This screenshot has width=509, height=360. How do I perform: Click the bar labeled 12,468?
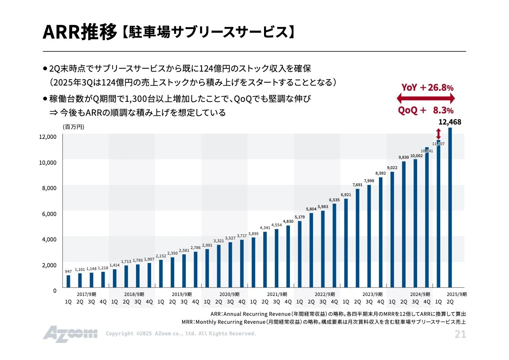450,207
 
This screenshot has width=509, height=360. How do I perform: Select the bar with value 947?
68,281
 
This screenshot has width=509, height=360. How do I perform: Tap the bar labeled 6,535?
334,245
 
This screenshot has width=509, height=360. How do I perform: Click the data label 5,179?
300,217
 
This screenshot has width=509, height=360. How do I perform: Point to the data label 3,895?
253,234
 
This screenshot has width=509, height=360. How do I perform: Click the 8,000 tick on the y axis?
50,188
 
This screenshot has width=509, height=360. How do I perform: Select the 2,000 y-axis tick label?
50,265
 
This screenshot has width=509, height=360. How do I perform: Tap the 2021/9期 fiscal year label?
277,294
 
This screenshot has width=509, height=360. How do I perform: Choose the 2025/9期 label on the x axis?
457,294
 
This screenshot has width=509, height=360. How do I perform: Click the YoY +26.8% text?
427,88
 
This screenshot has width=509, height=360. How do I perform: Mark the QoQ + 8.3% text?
426,111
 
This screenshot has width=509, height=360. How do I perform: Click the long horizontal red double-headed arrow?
425,99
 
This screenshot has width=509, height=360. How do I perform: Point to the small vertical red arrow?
439,134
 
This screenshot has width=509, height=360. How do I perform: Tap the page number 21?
460,335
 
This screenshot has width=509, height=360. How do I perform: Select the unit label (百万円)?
73,127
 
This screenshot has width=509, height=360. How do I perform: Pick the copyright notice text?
181,334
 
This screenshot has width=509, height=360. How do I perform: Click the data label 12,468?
450,122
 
